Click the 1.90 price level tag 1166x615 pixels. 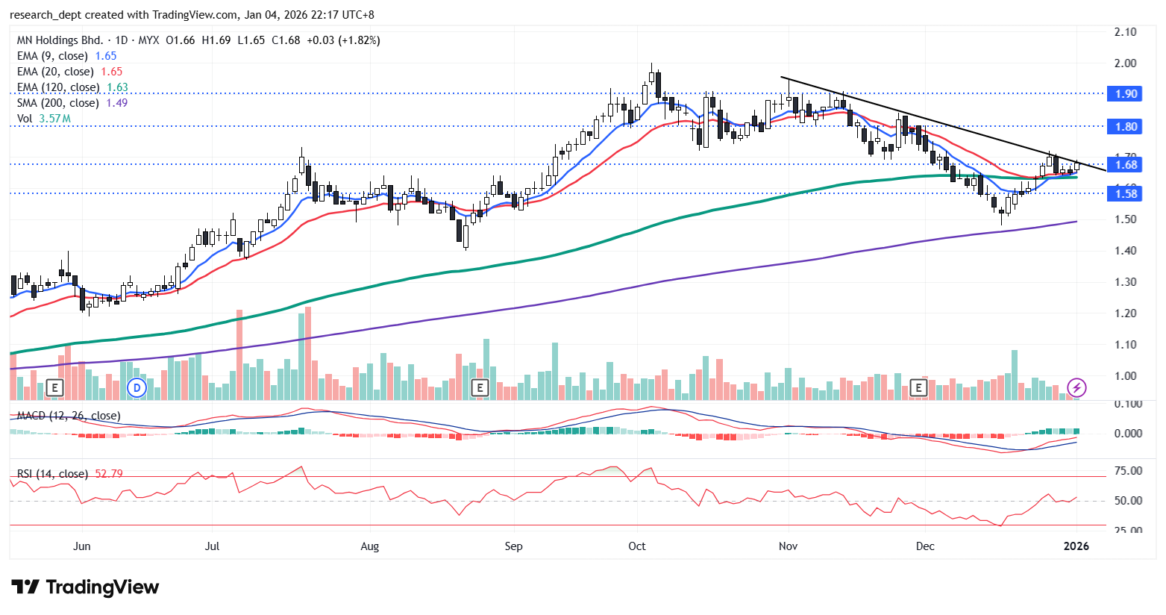coord(1126,93)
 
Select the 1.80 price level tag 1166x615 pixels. coord(1126,126)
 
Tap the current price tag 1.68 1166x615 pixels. coord(1126,164)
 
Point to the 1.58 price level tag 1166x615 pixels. coord(1126,193)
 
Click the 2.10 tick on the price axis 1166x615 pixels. coord(1125,32)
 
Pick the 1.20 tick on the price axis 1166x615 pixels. coord(1125,313)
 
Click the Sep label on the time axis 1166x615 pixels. coord(513,546)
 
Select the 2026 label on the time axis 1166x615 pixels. coord(1076,546)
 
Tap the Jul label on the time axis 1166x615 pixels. coord(212,546)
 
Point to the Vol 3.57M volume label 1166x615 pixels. coord(44,119)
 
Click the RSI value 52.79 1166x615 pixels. coord(109,474)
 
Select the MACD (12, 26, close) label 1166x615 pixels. coord(69,416)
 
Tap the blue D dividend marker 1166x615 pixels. coord(136,387)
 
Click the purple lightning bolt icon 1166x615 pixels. coord(1076,387)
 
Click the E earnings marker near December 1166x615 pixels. coord(919,387)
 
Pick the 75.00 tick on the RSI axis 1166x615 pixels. coord(1128,471)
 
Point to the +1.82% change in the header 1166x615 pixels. coord(360,40)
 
